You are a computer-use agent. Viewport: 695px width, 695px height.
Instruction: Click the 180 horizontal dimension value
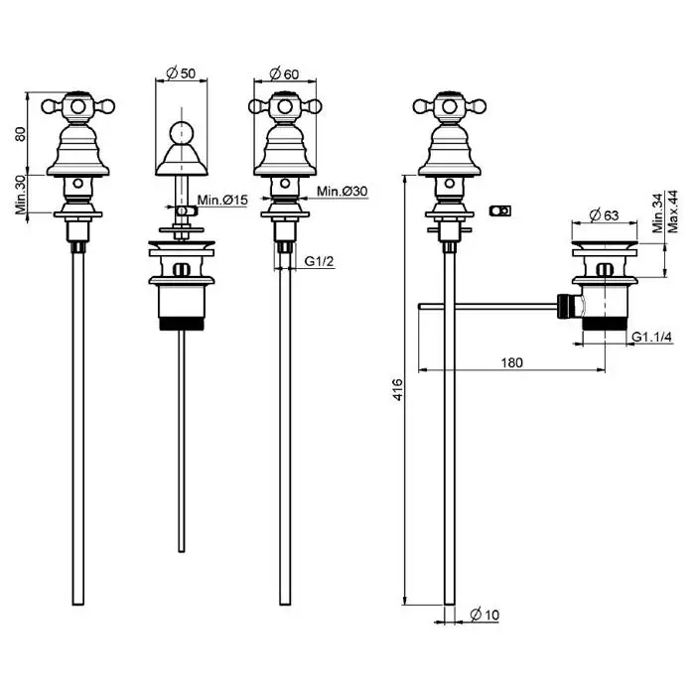pyautogui.click(x=511, y=362)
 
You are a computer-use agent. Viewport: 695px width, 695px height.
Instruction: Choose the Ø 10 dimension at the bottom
pyautogui.click(x=484, y=616)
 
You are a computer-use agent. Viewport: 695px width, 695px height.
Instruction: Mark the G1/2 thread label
pyautogui.click(x=318, y=261)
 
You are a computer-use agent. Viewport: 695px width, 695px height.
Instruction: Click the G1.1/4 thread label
pyautogui.click(x=652, y=338)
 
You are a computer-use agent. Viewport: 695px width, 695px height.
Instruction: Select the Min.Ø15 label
pyautogui.click(x=221, y=202)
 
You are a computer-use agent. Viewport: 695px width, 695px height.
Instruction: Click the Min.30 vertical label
pyautogui.click(x=22, y=195)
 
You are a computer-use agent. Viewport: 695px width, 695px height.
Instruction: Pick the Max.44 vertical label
pyautogui.click(x=672, y=210)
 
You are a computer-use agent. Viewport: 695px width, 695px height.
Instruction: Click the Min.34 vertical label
pyautogui.click(x=655, y=212)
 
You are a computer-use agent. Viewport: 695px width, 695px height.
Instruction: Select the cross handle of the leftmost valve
pyautogui.click(x=77, y=104)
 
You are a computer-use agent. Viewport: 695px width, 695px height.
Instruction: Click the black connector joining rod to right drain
pyautogui.click(x=567, y=305)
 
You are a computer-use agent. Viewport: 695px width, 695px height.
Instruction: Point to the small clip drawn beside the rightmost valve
pyautogui.click(x=501, y=210)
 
